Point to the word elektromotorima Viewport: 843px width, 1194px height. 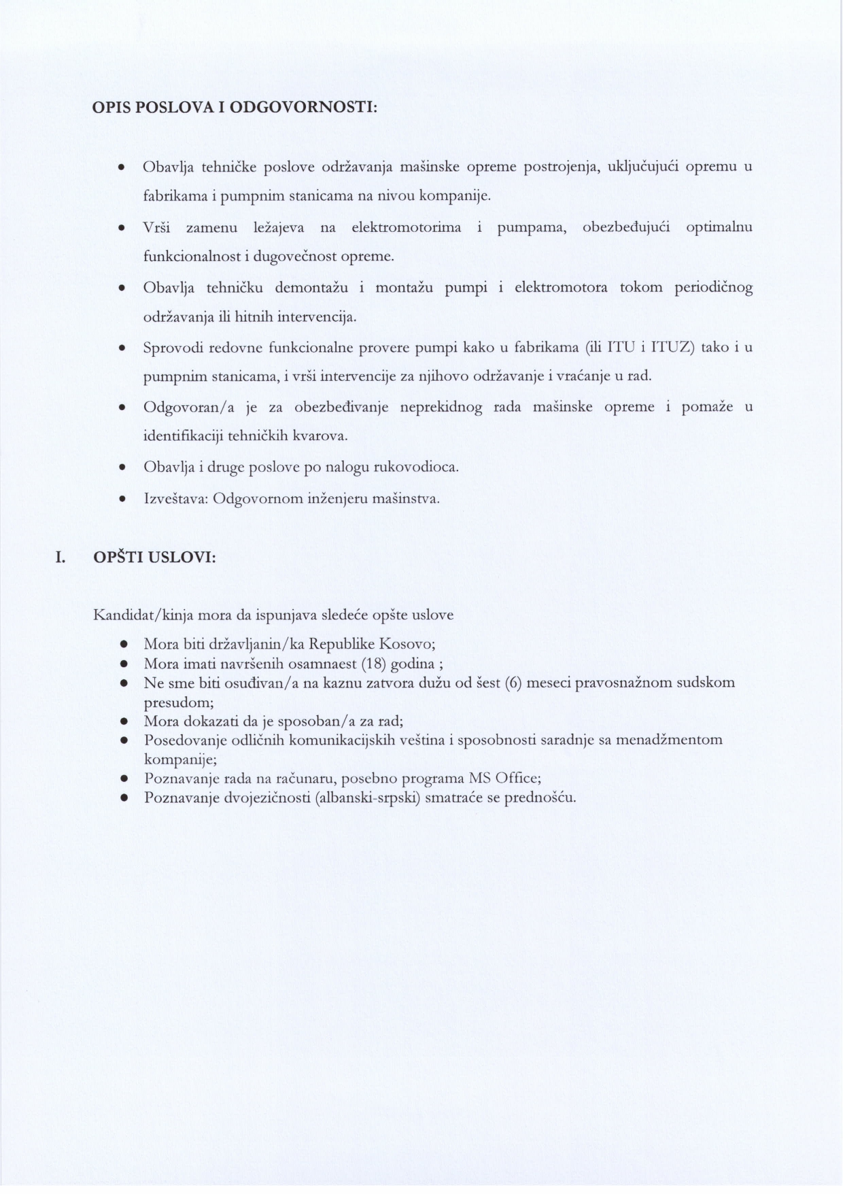[407, 227]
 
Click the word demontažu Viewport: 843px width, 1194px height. [311, 287]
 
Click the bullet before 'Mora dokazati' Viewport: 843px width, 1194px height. [124, 721]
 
